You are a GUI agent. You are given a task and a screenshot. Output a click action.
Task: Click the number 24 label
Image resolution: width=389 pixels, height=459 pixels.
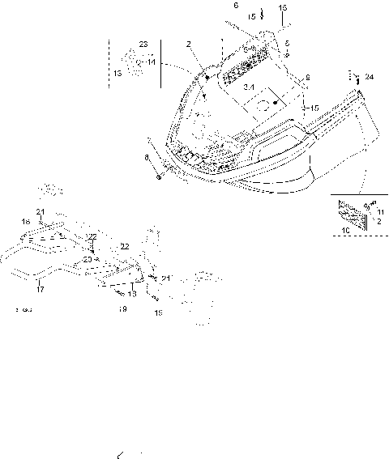pyautogui.click(x=370, y=77)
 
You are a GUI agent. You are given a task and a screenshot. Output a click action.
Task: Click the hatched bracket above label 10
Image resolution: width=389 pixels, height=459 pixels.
pyautogui.click(x=350, y=212)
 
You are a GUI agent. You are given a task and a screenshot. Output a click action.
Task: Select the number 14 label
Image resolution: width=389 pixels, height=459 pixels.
pyautogui.click(x=152, y=62)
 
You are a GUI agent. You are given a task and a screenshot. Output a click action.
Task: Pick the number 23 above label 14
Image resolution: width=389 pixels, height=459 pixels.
pyautogui.click(x=143, y=43)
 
